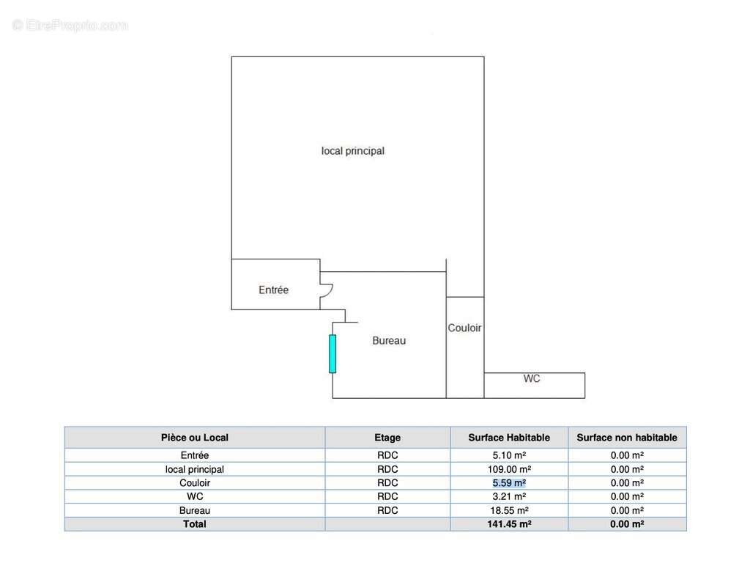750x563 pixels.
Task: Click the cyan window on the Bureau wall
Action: coord(333,353)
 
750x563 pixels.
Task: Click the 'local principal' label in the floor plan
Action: coord(353,151)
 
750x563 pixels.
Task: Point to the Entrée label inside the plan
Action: coord(274,290)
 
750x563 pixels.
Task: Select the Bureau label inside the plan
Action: coord(389,341)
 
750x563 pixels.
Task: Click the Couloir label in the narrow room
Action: coord(465,328)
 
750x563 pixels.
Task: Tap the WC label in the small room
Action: coord(532,379)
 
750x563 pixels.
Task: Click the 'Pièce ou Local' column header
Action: coord(195,438)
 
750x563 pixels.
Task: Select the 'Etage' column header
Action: coord(387,438)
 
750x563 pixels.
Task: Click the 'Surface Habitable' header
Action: coord(509,438)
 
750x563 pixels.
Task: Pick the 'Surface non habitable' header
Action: coord(627,438)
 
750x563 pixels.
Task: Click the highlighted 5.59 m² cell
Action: coord(509,483)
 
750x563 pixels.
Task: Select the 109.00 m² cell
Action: coord(509,469)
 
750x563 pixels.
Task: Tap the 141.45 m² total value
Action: coord(509,524)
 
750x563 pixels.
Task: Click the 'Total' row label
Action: coord(195,524)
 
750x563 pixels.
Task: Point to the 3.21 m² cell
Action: coord(509,497)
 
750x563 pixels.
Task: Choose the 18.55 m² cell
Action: coord(509,510)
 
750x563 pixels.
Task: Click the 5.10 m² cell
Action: coord(509,455)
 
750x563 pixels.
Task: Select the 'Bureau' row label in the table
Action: coord(195,510)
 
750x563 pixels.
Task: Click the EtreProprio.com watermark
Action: coord(70,26)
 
